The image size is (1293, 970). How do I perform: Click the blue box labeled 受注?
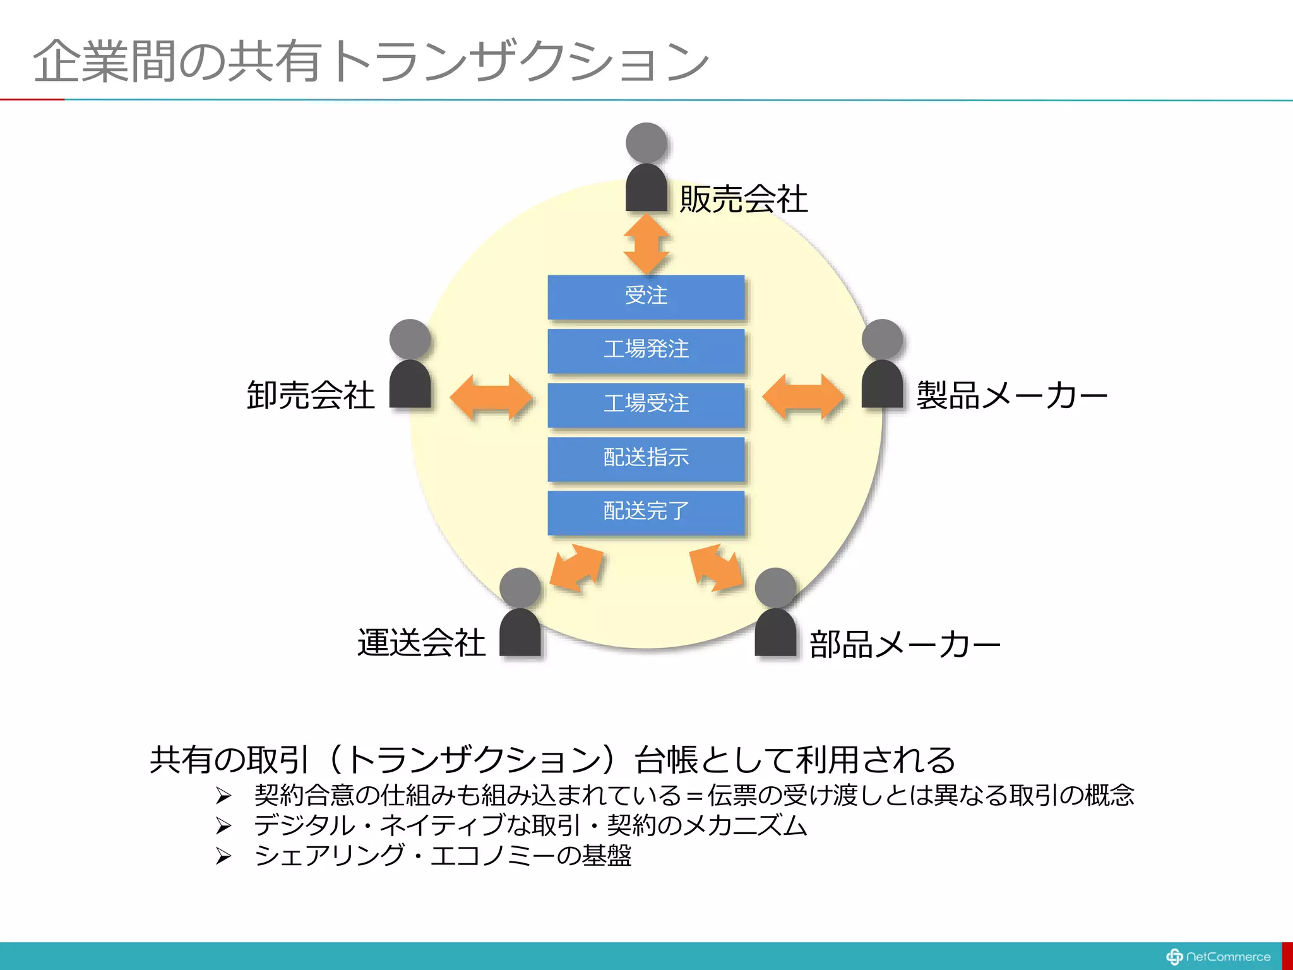click(646, 296)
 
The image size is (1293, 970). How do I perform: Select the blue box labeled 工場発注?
click(646, 350)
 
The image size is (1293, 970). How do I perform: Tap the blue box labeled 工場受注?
click(646, 404)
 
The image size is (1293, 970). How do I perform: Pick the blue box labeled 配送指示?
click(646, 458)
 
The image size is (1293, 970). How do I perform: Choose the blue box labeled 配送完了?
click(646, 512)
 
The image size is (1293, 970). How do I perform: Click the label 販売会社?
click(743, 200)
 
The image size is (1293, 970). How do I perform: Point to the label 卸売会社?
click(311, 396)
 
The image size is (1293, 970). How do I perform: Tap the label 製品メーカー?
click(1011, 396)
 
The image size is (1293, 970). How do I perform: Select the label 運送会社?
click(421, 644)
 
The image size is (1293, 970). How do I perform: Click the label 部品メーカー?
click(905, 645)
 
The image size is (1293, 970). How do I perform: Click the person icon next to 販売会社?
click(646, 168)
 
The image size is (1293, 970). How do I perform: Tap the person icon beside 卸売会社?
click(410, 364)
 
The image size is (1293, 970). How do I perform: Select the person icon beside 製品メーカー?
click(882, 364)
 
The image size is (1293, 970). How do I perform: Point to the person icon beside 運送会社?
click(520, 613)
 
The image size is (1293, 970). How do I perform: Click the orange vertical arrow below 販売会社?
click(646, 244)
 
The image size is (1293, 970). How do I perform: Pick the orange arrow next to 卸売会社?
click(491, 398)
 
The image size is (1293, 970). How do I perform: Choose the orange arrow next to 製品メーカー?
click(803, 397)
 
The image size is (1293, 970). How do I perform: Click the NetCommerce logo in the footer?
click(1219, 957)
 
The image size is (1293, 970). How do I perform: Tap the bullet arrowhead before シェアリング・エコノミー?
click(223, 856)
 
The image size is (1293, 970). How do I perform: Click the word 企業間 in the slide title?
click(104, 62)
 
